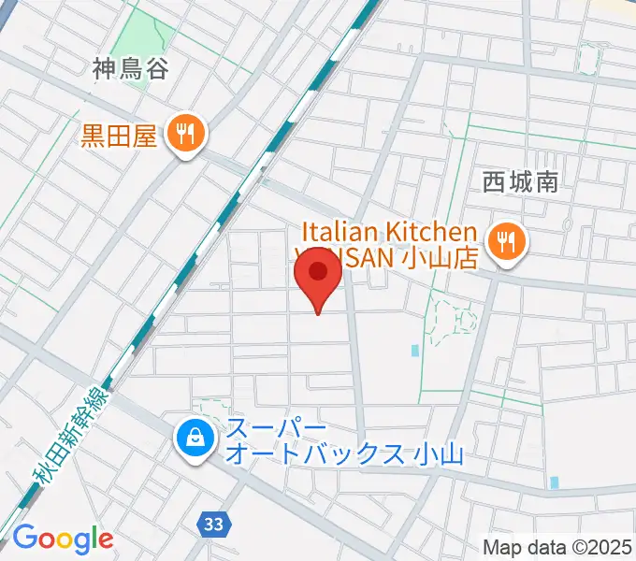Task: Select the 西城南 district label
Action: pos(521,181)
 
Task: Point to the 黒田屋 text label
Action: pos(117,137)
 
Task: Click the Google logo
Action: pos(63,539)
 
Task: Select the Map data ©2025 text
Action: pos(556,547)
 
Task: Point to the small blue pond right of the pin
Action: pos(414,351)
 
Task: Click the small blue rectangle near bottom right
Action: pos(555,482)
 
